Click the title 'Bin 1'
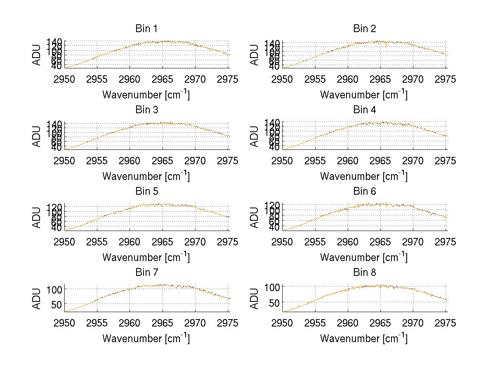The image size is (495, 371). click(146, 29)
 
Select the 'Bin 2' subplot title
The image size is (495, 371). click(364, 29)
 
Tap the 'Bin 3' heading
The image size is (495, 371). click(146, 110)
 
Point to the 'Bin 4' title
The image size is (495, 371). click(364, 110)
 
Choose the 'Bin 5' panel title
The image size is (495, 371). click(146, 191)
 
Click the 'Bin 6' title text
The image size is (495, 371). click(364, 191)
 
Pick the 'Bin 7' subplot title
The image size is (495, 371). click(146, 273)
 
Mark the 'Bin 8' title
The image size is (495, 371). click(364, 273)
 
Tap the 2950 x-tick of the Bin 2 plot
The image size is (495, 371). click(283, 79)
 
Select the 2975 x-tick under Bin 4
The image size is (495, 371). click(446, 161)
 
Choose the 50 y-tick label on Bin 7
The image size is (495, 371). click(57, 304)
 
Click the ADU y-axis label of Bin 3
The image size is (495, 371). click(37, 136)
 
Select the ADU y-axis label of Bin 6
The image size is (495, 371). click(255, 217)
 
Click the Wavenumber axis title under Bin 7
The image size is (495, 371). click(146, 338)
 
